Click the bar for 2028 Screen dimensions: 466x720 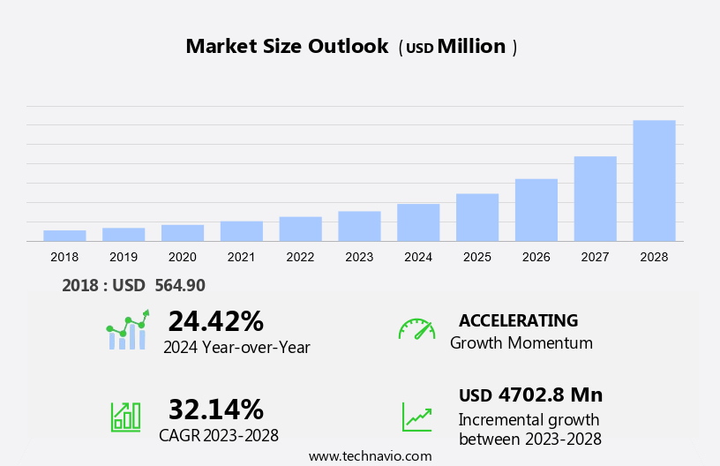(x=654, y=181)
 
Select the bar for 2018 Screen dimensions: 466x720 (x=64, y=236)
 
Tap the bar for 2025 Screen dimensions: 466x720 (x=477, y=217)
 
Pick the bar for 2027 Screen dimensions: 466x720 (x=596, y=199)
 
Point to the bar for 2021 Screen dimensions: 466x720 (x=242, y=231)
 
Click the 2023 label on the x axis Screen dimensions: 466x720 (x=359, y=257)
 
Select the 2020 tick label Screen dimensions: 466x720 (x=183, y=257)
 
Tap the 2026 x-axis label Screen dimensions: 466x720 (x=536, y=257)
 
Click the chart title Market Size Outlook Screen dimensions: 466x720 (x=287, y=47)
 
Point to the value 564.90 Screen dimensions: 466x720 (x=180, y=285)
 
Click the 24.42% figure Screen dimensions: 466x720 (x=215, y=320)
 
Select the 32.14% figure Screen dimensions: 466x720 (x=215, y=409)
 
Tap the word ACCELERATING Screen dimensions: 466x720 (x=518, y=320)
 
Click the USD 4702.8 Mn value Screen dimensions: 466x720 (x=530, y=395)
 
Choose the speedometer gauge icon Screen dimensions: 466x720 (x=416, y=329)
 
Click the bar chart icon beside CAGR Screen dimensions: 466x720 (x=125, y=416)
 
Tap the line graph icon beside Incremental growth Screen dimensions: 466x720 (x=416, y=417)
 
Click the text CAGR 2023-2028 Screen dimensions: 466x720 (x=219, y=435)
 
